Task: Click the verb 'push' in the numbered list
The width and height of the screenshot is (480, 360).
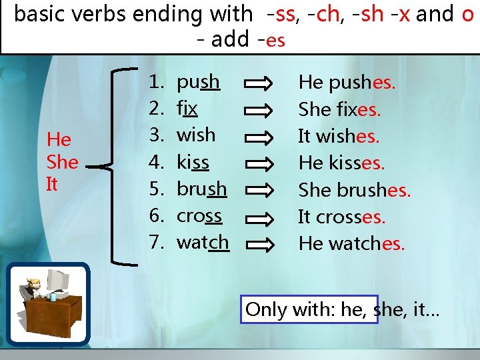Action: click(x=198, y=81)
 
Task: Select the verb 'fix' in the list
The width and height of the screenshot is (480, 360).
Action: click(x=187, y=108)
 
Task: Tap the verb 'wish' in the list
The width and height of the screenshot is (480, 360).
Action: click(x=196, y=135)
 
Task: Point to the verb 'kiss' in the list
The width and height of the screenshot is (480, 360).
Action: click(x=193, y=162)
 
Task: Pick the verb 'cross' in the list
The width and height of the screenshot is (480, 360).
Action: click(x=199, y=215)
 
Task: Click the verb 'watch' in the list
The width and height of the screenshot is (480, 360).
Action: click(x=203, y=242)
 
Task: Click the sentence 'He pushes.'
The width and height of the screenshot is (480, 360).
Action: click(x=347, y=83)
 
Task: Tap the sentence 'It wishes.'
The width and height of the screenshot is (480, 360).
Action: click(x=339, y=137)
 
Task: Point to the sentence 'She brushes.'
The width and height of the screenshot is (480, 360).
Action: click(x=354, y=190)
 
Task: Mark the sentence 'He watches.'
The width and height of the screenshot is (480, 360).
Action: click(x=351, y=243)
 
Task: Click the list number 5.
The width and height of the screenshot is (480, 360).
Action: click(x=157, y=189)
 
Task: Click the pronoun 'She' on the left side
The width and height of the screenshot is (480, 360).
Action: click(x=62, y=162)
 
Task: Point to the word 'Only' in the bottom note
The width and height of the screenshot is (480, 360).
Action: click(x=266, y=309)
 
